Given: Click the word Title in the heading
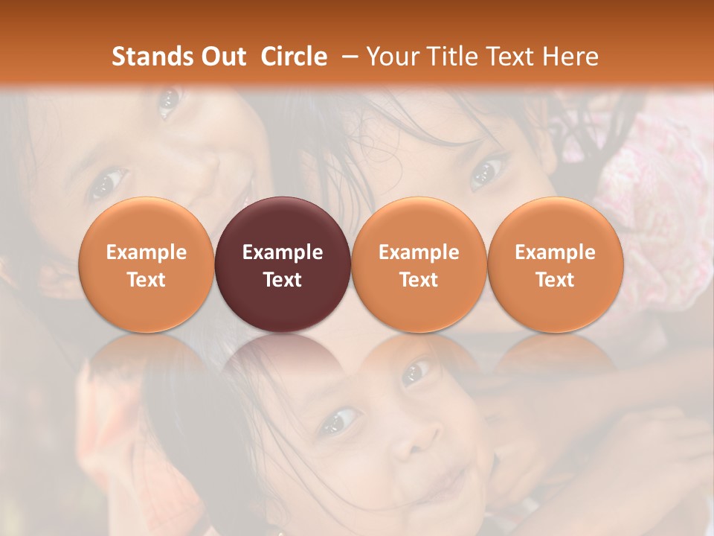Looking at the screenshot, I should click(445, 57).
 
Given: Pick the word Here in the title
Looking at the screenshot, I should click(570, 57).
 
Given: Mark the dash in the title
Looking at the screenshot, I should click(347, 57).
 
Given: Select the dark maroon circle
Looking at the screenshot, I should click(283, 265).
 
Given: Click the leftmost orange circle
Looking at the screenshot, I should click(147, 265).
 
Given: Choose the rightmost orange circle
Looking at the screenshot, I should click(555, 265).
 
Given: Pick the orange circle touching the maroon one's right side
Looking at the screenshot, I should click(419, 265).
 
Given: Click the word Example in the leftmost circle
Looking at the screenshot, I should click(147, 252).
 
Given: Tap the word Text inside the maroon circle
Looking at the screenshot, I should click(283, 280).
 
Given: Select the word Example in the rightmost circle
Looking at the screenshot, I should click(555, 252).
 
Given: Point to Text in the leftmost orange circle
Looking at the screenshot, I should click(147, 280).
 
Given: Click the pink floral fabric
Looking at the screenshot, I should click(654, 194).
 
